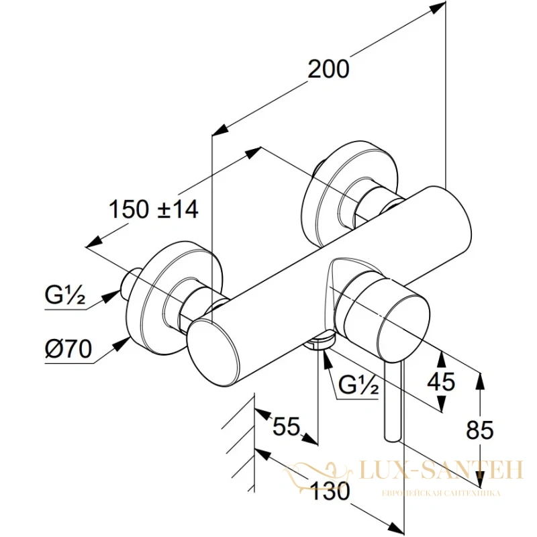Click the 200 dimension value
[x=328, y=69]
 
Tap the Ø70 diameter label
[x=69, y=349]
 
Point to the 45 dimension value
[x=441, y=381]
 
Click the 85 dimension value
[x=480, y=430]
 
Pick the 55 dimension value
[x=287, y=426]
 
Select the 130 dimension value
[x=330, y=493]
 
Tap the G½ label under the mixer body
[x=358, y=385]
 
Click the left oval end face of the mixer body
[x=214, y=345]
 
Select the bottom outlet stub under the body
[x=320, y=340]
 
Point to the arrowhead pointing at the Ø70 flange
[x=122, y=344]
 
